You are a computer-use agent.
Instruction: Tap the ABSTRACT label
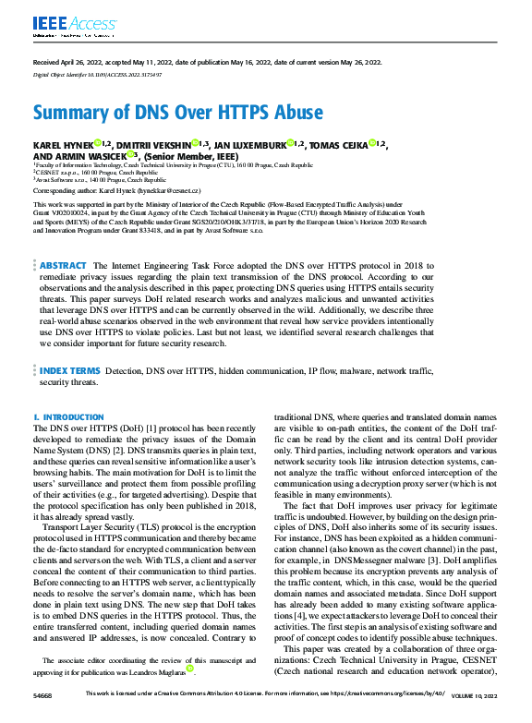tap(64, 239)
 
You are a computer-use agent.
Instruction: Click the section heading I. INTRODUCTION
tap(68, 417)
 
